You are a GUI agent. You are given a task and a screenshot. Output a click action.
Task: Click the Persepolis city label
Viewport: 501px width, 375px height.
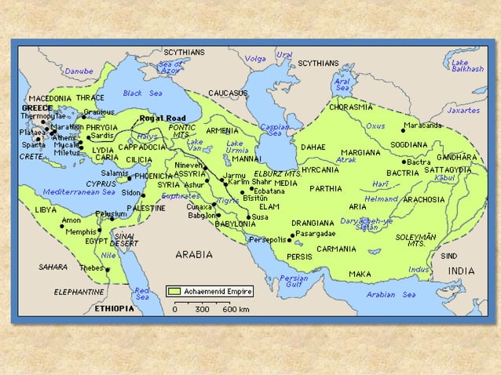269,238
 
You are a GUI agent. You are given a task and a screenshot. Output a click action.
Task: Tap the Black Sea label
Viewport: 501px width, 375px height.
142,93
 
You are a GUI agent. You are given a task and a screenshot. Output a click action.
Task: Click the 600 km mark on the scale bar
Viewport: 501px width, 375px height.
230,309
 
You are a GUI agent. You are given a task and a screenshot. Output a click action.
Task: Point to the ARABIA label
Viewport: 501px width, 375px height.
193,254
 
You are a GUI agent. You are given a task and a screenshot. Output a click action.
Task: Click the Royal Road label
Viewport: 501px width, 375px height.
161,118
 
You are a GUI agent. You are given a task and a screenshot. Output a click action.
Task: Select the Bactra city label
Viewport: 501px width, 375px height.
419,162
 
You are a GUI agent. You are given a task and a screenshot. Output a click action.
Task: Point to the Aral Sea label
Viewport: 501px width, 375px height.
342,82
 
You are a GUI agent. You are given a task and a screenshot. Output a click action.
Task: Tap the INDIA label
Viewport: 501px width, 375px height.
461,271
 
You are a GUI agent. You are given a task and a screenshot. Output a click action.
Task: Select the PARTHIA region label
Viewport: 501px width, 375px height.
325,188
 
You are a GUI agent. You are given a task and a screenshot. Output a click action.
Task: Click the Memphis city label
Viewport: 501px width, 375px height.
79,231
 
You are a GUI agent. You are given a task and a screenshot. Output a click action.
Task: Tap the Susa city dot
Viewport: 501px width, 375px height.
248,217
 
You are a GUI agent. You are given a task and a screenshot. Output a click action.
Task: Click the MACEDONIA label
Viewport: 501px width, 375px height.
49,98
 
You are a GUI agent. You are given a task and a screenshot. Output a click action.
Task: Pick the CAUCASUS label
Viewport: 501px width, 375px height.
229,93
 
